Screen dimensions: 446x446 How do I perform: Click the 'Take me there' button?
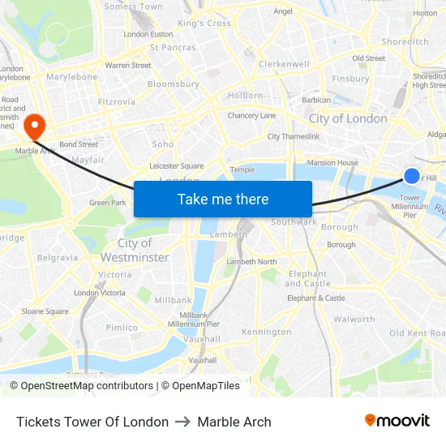[x=223, y=199]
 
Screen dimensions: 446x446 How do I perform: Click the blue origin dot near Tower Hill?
[x=412, y=176]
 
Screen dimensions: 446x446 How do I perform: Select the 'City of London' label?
[x=348, y=118]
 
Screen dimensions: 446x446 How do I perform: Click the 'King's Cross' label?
[x=204, y=24]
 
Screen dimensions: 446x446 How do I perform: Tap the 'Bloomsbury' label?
[x=174, y=84]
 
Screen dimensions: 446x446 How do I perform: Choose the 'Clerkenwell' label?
[x=284, y=63]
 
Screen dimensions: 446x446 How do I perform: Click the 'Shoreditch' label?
[x=405, y=41]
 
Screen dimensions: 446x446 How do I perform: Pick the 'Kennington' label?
[x=266, y=332]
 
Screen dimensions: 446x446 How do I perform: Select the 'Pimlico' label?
[x=122, y=328]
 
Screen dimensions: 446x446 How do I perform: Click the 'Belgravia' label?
[x=58, y=258]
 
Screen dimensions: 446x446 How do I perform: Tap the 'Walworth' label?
[x=354, y=319]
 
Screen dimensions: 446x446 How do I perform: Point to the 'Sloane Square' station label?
[x=45, y=311]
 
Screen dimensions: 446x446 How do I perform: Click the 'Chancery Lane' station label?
[x=251, y=116]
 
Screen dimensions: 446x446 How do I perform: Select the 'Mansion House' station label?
[x=332, y=163]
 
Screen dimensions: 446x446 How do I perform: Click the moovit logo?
[x=397, y=421]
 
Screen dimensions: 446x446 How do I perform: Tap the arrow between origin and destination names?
[x=182, y=422]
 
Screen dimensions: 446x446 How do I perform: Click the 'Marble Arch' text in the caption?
[x=234, y=422]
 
